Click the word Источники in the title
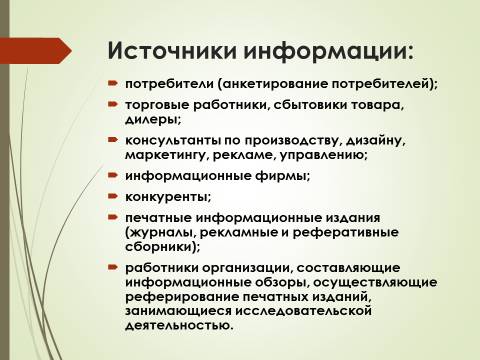(x=172, y=51)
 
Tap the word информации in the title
(x=328, y=52)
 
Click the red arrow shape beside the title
(x=36, y=51)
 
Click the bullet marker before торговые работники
(x=113, y=104)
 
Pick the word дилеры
(x=153, y=119)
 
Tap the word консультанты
(x=173, y=140)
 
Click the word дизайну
(x=376, y=141)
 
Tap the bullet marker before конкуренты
(x=113, y=196)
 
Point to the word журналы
(x=161, y=233)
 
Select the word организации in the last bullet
(x=246, y=268)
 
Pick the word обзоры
(x=281, y=282)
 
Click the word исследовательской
(x=304, y=311)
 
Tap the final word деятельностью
(x=179, y=325)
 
